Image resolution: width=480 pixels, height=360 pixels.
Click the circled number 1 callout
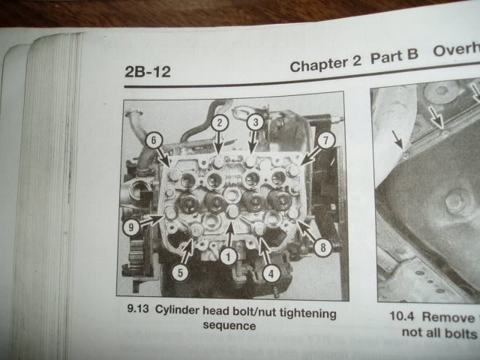(228, 256)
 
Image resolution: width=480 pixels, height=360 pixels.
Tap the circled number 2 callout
(220, 123)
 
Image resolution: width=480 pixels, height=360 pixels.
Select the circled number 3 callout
(256, 122)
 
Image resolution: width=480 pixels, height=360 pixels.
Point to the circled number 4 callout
(271, 273)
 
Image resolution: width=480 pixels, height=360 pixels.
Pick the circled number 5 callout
(180, 272)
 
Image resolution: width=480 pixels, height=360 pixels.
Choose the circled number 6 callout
(154, 140)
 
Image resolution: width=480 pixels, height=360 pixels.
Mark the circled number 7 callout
(325, 140)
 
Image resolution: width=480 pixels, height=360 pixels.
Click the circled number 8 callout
(322, 247)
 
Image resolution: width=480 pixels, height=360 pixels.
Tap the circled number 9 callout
(131, 227)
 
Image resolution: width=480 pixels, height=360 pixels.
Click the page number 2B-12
(148, 72)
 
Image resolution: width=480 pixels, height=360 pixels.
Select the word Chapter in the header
(318, 65)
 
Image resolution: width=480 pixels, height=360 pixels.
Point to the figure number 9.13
(138, 308)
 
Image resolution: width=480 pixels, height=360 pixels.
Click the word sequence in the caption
(229, 325)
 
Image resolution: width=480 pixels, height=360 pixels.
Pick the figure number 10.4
(402, 316)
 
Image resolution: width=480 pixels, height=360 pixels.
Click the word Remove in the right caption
(448, 317)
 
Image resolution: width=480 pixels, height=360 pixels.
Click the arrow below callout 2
(218, 143)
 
